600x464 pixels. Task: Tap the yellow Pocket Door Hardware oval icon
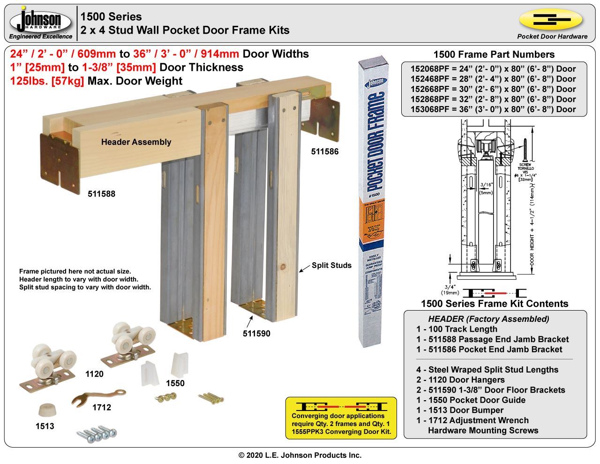click(x=551, y=20)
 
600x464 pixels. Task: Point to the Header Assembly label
click(x=136, y=142)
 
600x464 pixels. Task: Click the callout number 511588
click(x=101, y=194)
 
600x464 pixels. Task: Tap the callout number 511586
click(x=325, y=152)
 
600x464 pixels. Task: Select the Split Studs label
click(x=331, y=265)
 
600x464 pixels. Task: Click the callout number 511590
click(x=256, y=334)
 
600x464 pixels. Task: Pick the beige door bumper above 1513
click(x=45, y=409)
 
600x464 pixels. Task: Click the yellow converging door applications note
click(x=341, y=419)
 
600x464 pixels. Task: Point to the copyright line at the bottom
click(x=300, y=455)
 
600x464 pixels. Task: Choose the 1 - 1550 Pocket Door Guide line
click(x=471, y=400)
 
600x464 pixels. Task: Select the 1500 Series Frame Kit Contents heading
click(x=495, y=304)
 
